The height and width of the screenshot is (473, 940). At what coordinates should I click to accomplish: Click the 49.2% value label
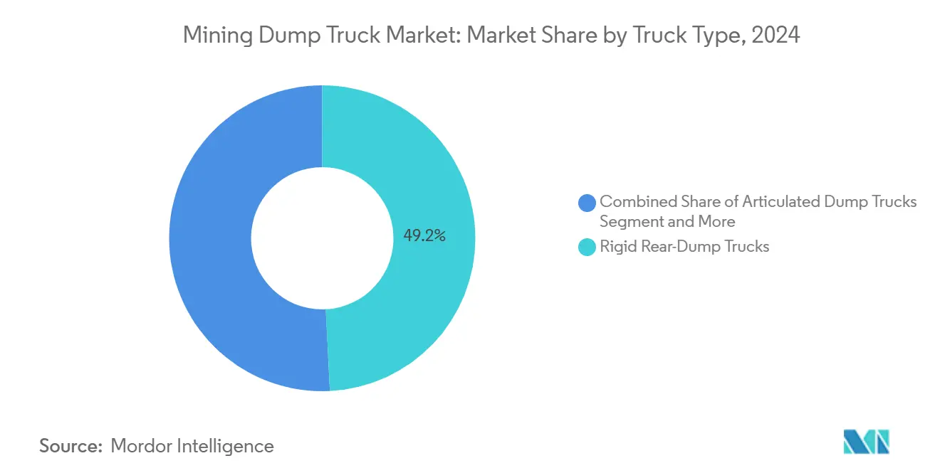pyautogui.click(x=424, y=236)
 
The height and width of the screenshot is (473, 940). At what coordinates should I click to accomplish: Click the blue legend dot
pyautogui.click(x=587, y=203)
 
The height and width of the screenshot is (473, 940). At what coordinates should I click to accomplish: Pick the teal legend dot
pyautogui.click(x=587, y=248)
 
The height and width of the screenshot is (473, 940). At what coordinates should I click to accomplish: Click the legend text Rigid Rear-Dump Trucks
pyautogui.click(x=684, y=247)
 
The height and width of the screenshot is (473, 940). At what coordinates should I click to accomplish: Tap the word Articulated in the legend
pyautogui.click(x=781, y=202)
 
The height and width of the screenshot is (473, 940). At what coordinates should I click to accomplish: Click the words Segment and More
pyautogui.click(x=667, y=221)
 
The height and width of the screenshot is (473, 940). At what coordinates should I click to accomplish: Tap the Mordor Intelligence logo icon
pyautogui.click(x=866, y=442)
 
